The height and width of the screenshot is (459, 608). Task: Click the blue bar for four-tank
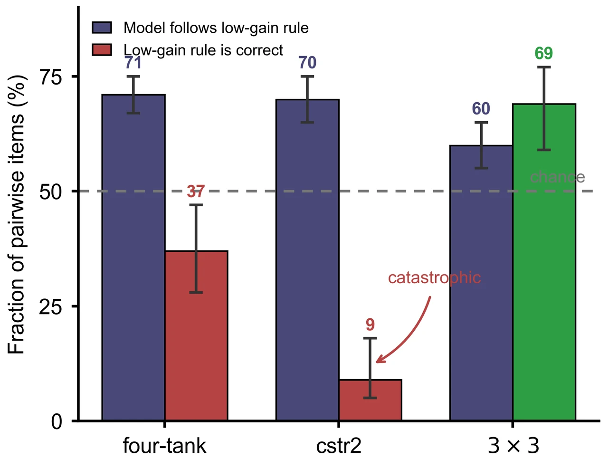point(133,258)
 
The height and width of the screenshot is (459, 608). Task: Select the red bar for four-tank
point(196,336)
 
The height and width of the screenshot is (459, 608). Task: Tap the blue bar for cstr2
point(307,260)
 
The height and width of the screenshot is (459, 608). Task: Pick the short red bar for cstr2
point(370,400)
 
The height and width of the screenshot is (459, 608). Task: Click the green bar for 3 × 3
point(544,262)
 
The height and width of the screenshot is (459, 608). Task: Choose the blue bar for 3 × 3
point(482,283)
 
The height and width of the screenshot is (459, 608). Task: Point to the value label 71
point(133,63)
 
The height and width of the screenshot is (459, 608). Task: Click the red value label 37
point(196,191)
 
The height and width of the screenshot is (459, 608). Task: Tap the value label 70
point(307,63)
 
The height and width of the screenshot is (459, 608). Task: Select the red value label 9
point(370,325)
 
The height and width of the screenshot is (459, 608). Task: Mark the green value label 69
point(544,53)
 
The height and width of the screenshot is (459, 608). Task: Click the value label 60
point(481,109)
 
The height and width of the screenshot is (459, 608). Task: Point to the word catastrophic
point(434,278)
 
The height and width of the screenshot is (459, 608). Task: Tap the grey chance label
point(557,177)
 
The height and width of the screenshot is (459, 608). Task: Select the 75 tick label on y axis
point(51,76)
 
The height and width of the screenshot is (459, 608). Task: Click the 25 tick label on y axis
point(50,306)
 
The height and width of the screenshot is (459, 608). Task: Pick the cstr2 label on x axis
point(339,446)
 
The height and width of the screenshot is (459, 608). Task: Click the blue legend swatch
point(102,28)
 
